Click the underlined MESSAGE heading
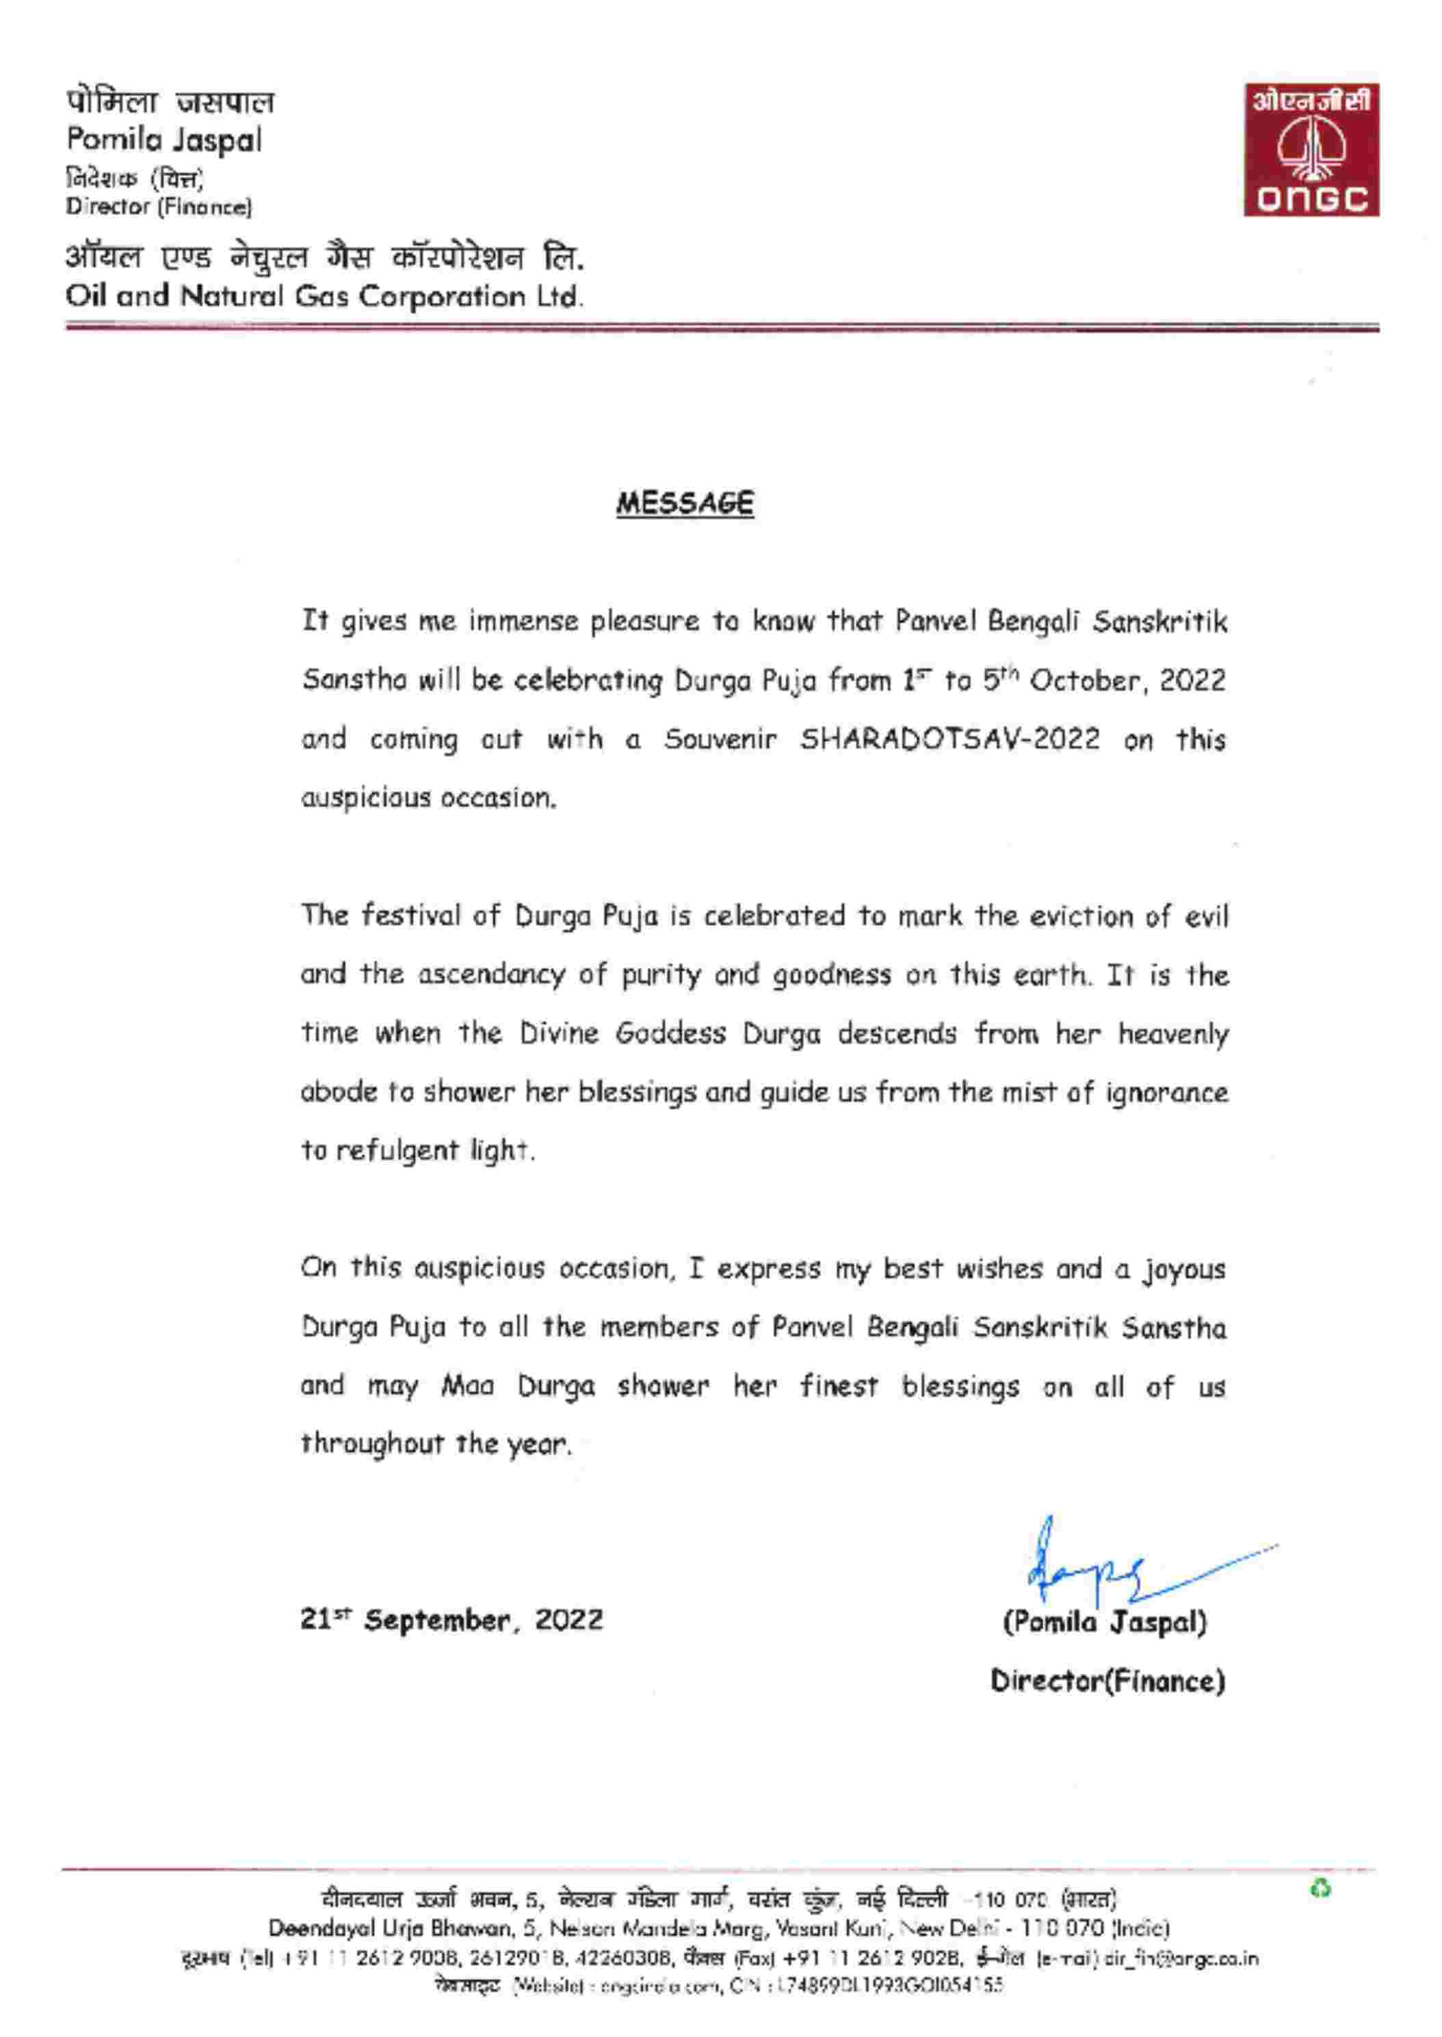coord(685,503)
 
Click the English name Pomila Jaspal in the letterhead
coord(164,140)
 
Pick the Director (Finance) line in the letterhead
coord(159,207)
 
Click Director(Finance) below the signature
coord(1107,1681)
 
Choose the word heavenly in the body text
coord(1173,1033)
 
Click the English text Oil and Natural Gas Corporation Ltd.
coord(325,295)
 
